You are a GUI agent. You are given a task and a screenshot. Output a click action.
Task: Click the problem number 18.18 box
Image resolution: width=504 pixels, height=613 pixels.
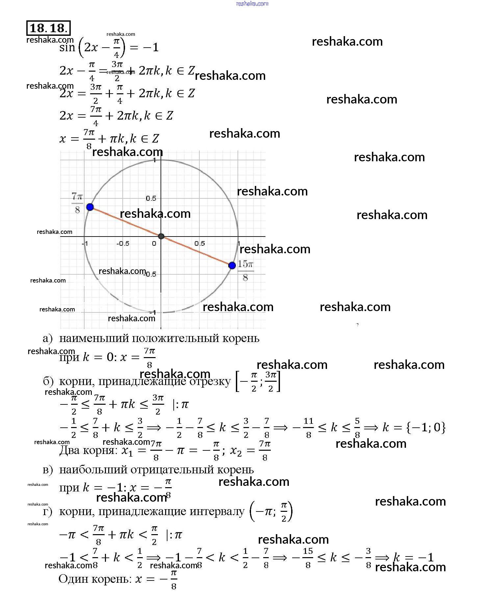pos(48,28)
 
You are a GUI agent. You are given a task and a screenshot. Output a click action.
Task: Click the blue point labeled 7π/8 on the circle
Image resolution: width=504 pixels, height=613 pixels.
pos(90,207)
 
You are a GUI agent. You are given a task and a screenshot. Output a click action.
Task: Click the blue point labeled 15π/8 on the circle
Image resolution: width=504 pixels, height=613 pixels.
pos(232,265)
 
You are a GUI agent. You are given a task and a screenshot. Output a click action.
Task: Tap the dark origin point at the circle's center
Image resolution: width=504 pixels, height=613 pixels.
pos(161,236)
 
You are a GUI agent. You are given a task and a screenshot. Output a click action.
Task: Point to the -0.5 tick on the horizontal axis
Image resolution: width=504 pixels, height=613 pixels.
pos(123,243)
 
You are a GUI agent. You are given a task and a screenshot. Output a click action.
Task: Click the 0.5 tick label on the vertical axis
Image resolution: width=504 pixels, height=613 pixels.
pos(151,198)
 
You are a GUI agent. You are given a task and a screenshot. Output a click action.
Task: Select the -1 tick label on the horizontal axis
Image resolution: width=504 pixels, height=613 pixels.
pos(85,243)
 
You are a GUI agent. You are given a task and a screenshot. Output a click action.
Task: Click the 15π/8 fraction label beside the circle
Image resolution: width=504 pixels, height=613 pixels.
pos(245,270)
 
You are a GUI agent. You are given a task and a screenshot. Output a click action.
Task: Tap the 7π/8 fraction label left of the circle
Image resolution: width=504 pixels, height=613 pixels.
pos(77,203)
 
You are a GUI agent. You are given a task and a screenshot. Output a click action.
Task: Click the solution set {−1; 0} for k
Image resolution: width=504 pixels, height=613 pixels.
pos(426,427)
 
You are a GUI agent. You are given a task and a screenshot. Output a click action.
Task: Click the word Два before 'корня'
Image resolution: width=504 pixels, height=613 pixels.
pos(69,450)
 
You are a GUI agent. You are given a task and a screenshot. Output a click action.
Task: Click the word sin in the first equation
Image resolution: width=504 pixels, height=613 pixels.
pos(67,48)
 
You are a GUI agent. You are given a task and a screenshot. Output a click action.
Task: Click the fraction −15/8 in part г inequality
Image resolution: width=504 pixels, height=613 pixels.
pos(304,558)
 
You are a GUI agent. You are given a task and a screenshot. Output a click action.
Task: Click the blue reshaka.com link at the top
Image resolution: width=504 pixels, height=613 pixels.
pos(252,4)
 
